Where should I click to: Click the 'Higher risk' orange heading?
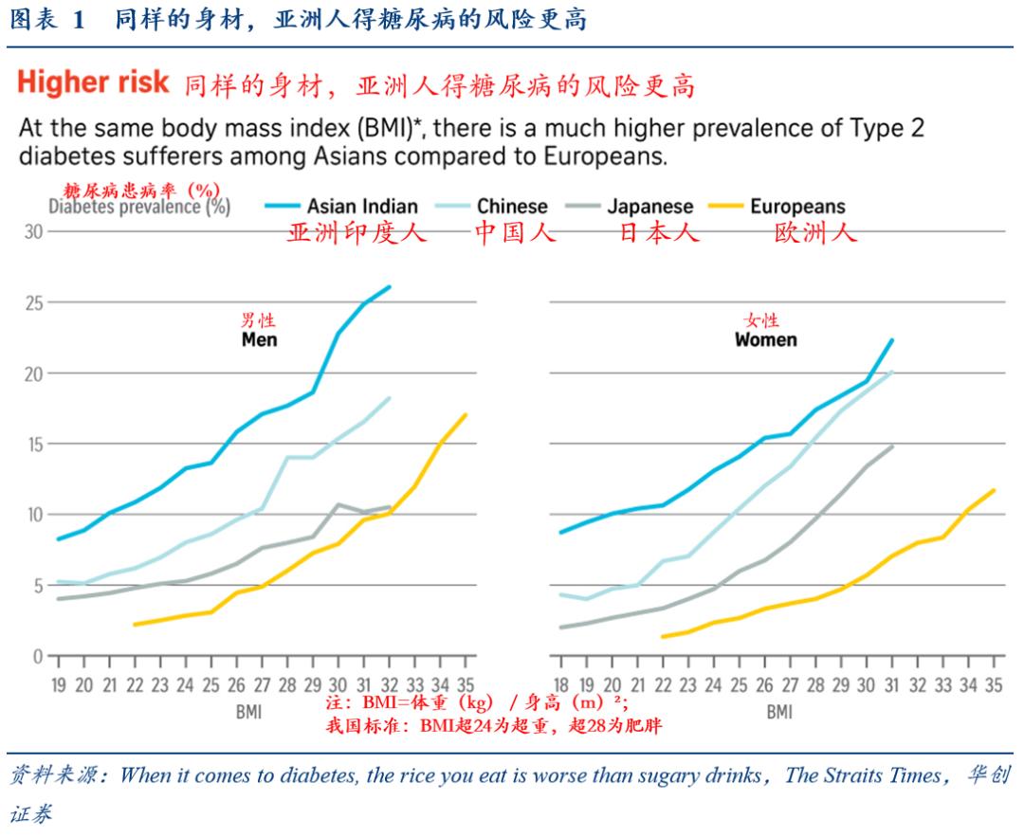coord(93,82)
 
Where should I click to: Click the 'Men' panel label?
coord(259,339)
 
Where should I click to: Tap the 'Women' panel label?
coord(766,339)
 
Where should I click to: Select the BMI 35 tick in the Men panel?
coord(465,685)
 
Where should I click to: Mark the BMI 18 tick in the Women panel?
coord(562,685)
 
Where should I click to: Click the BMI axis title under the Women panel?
coord(778,710)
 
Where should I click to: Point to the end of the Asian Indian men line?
coord(390,287)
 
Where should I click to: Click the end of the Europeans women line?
coord(994,490)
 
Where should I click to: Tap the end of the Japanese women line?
coord(892,446)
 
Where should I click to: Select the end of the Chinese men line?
coord(390,398)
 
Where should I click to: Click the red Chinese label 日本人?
coord(659,233)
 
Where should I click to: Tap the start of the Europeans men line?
coord(135,625)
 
